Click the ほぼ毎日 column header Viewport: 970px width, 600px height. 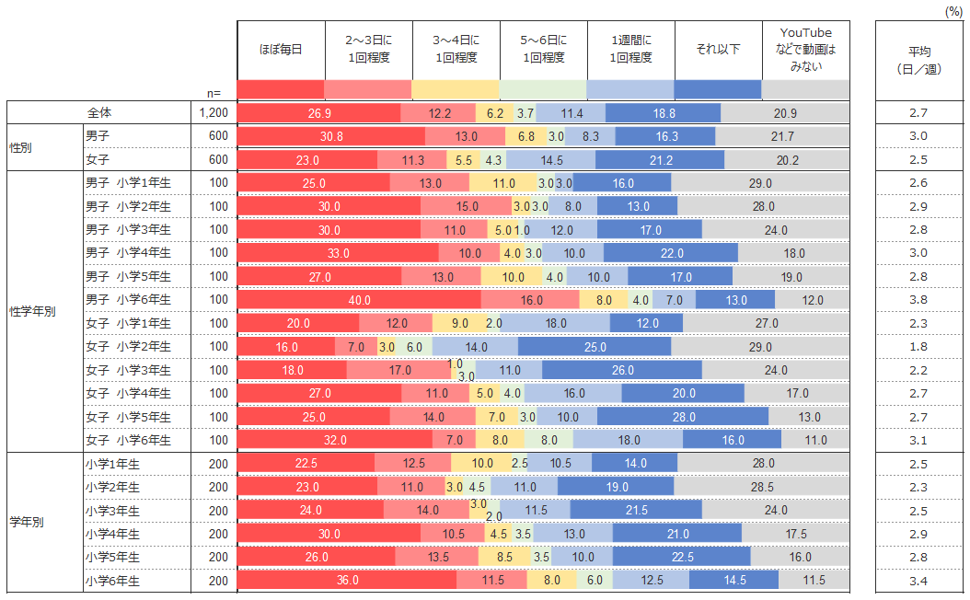281,49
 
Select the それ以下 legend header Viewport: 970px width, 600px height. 718,49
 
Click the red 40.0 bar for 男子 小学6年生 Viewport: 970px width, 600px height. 359,300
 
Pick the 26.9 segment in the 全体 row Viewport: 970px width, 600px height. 318,113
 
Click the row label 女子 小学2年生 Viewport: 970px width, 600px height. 128,347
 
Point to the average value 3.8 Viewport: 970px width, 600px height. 918,300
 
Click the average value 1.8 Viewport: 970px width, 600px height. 918,347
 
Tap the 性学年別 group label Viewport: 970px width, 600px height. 31,311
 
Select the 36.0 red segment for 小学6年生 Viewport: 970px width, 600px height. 346,581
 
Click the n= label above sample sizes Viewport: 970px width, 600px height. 214,92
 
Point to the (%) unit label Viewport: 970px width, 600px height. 954,10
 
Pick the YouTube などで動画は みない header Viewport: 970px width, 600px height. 805,49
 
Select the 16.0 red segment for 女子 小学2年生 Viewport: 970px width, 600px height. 286,347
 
